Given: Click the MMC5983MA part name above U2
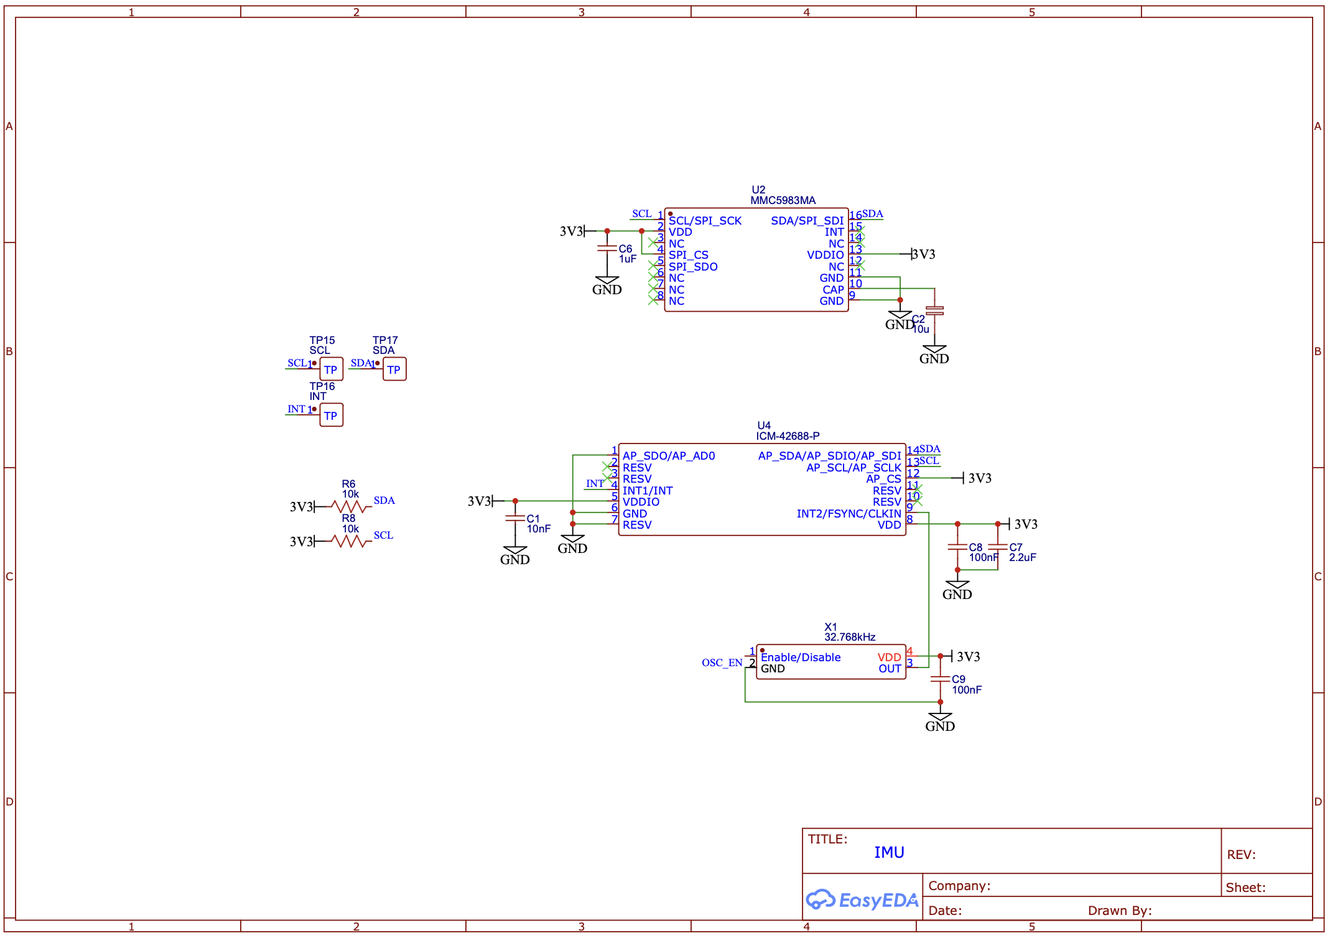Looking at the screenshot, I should (x=782, y=200).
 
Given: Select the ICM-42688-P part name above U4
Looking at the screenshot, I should (x=787, y=436).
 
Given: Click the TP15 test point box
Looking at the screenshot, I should (x=331, y=369).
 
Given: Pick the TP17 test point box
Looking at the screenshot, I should (x=394, y=369).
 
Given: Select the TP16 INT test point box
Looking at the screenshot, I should (x=331, y=416).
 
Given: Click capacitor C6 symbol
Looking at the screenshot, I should (x=607, y=248).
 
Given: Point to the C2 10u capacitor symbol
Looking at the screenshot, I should (x=934, y=310).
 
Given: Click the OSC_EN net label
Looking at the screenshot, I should (x=722, y=663).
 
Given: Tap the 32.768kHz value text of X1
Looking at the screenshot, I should (x=849, y=637).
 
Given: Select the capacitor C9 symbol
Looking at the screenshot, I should (x=939, y=679).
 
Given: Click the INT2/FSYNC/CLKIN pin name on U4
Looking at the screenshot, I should (x=848, y=514).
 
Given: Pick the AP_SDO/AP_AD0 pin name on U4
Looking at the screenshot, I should (x=668, y=456).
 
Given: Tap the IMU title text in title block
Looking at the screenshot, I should (x=888, y=852).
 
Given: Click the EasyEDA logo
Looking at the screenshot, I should (x=861, y=899).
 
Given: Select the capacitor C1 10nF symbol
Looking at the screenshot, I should (x=514, y=518).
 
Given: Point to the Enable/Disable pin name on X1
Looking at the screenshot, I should (x=800, y=657).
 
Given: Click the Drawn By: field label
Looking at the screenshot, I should (x=1119, y=911).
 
